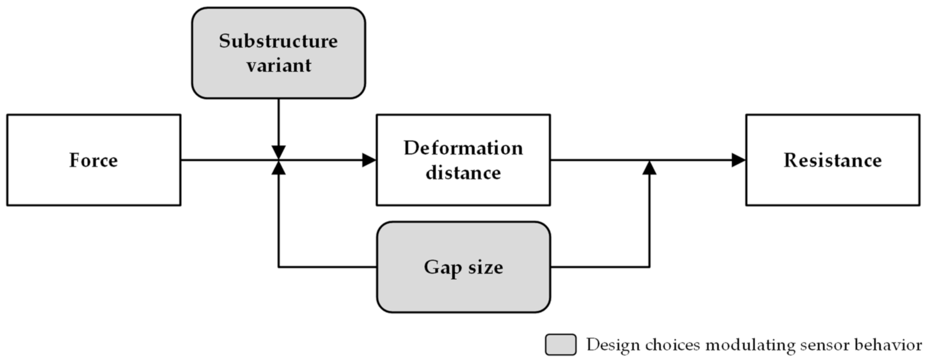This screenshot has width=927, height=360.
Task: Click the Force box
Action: [94, 160]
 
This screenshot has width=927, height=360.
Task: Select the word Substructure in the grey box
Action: [278, 41]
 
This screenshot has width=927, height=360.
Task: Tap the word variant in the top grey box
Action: [278, 65]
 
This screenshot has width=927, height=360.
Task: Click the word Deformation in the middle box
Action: [463, 148]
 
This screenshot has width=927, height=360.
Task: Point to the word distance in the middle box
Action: [463, 173]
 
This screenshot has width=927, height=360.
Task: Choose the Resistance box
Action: [832, 160]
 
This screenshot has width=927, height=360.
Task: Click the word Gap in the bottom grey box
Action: [443, 268]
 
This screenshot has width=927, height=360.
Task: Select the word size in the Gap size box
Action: [486, 268]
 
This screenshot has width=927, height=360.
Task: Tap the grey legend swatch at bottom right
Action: [560, 344]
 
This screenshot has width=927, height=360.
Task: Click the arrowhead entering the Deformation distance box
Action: [369, 160]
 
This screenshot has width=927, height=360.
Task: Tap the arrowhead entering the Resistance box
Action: [739, 160]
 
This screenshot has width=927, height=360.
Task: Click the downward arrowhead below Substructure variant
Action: [278, 153]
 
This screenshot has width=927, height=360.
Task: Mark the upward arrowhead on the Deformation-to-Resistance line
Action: [649, 168]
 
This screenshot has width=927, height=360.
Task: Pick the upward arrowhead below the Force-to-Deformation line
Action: [278, 168]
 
